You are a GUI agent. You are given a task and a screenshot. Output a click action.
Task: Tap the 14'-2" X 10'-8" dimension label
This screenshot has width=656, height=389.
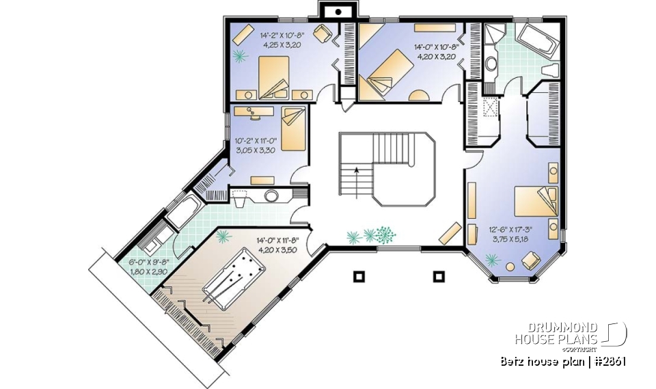click(281, 39)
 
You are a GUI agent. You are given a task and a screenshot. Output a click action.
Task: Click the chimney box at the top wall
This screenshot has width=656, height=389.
click(337, 11)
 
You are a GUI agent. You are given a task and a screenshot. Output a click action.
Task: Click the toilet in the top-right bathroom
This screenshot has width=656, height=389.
click(548, 70)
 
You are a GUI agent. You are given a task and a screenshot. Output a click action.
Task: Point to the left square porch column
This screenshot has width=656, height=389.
click(359, 277)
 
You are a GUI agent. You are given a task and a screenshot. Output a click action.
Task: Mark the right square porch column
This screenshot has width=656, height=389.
click(438, 277)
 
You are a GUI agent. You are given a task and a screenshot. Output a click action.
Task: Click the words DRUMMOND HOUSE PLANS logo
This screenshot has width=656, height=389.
click(557, 334)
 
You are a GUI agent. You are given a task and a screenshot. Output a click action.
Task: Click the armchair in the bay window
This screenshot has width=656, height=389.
click(528, 260)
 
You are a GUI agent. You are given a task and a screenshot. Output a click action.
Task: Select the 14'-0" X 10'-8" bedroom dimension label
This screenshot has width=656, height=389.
click(436, 53)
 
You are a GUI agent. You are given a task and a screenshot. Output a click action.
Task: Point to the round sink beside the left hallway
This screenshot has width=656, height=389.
click(271, 196)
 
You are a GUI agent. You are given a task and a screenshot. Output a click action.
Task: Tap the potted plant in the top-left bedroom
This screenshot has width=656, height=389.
click(240, 55)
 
